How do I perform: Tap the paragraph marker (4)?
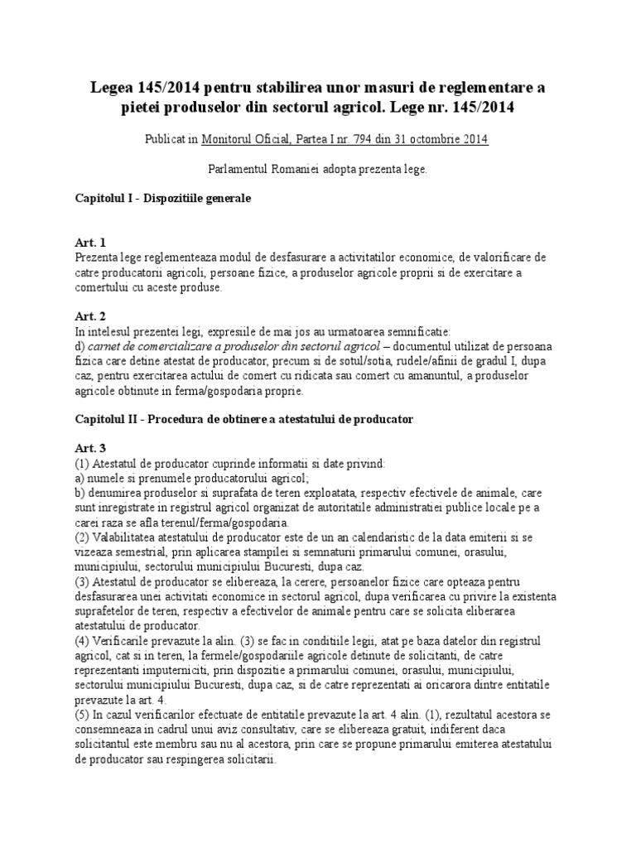click(x=82, y=642)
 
